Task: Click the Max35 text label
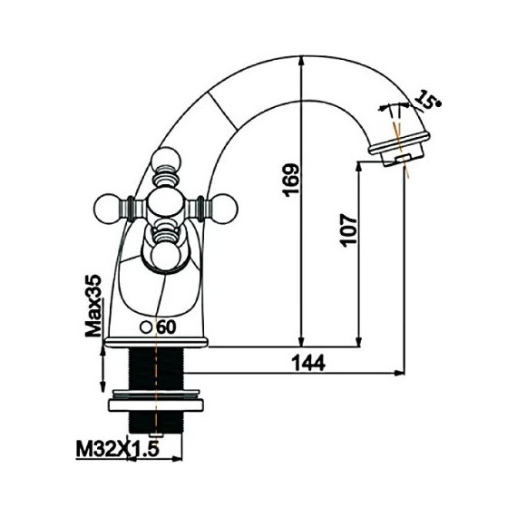93,306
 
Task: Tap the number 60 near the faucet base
165,327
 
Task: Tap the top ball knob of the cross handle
167,165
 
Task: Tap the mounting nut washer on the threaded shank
157,400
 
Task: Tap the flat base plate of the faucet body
156,343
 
